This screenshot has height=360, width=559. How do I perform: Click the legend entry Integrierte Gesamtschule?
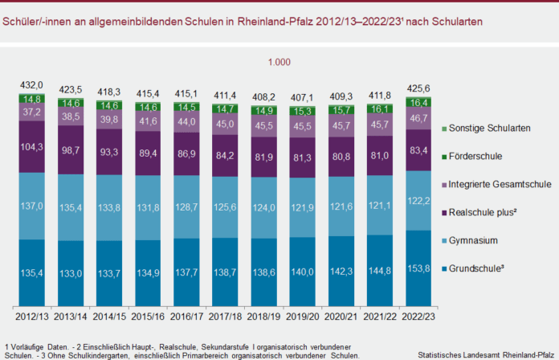pos(500,185)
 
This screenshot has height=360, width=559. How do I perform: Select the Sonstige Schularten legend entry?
pos(489,129)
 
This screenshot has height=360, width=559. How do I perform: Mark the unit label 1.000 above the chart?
pos(279,62)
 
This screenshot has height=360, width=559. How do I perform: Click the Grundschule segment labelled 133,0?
pos(69,274)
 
